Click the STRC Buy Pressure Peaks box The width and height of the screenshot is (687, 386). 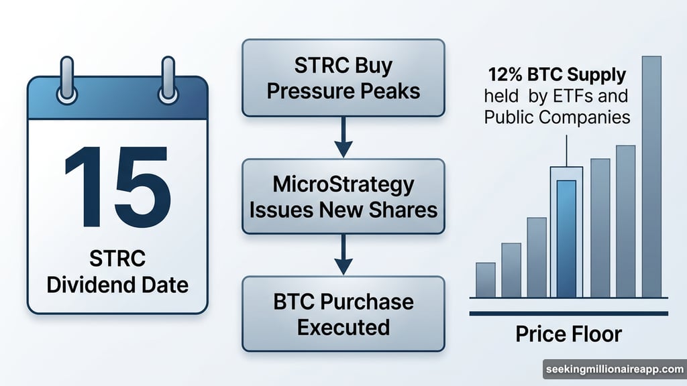(x=343, y=78)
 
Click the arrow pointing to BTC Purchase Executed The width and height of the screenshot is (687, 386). (x=343, y=256)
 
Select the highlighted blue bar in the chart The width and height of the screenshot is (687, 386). (x=566, y=238)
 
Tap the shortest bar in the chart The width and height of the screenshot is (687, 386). (x=485, y=279)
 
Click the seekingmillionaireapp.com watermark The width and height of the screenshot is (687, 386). (x=613, y=369)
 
